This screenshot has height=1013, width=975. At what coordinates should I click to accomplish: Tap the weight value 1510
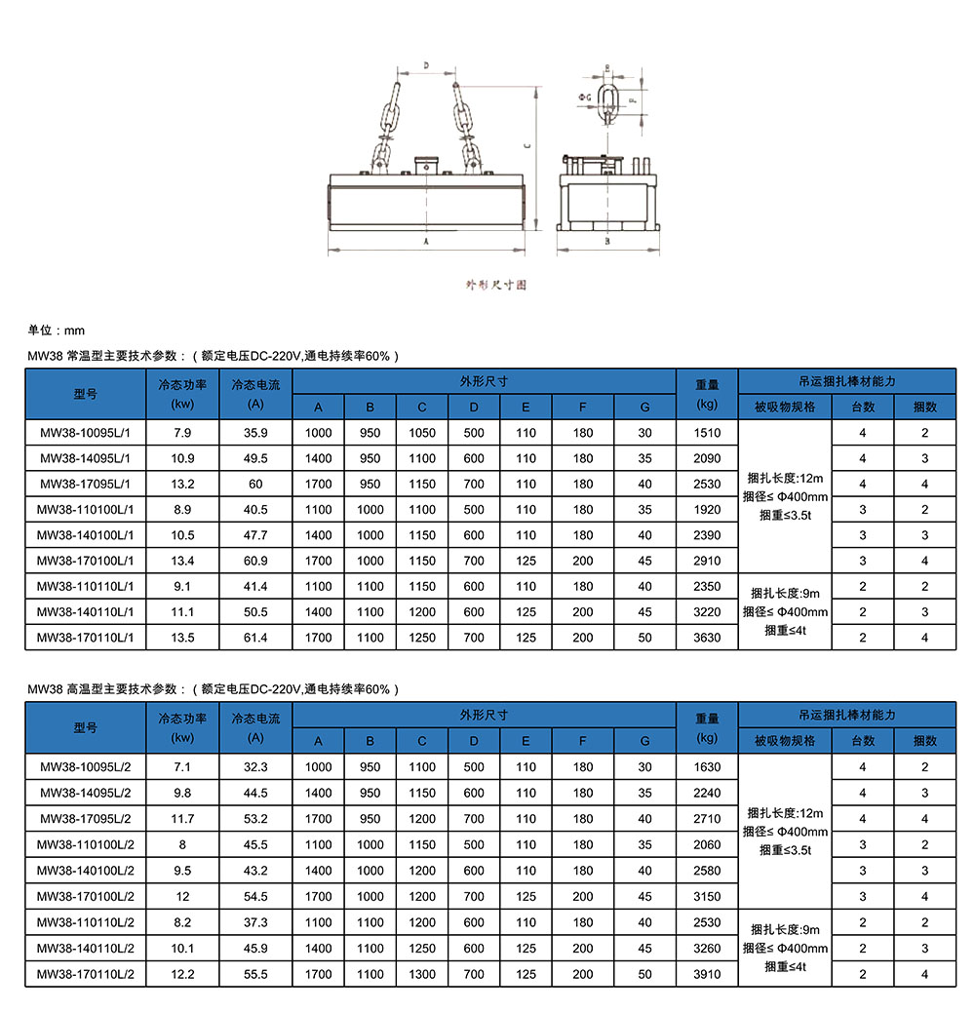707,433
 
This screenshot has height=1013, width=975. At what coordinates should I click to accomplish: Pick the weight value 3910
707,974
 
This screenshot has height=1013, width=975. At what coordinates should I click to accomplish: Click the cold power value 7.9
182,433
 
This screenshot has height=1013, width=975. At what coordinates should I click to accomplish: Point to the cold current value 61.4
255,638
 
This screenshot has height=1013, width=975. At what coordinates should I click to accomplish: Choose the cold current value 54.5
255,896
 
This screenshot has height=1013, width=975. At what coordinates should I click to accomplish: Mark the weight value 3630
707,638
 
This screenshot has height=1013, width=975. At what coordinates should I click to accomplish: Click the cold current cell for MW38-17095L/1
255,484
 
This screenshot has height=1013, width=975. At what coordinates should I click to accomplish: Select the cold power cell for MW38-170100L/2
182,896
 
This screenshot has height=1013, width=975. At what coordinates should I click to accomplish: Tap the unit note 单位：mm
56,331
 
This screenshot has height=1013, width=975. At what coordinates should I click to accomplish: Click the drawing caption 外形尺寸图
495,285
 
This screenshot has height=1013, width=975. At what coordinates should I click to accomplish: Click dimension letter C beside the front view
526,147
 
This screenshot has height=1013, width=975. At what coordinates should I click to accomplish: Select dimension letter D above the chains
426,65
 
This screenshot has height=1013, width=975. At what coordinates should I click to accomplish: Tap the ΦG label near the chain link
584,98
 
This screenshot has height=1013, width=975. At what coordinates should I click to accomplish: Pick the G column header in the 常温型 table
644,407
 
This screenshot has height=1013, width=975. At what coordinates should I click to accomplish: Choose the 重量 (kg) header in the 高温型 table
707,727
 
